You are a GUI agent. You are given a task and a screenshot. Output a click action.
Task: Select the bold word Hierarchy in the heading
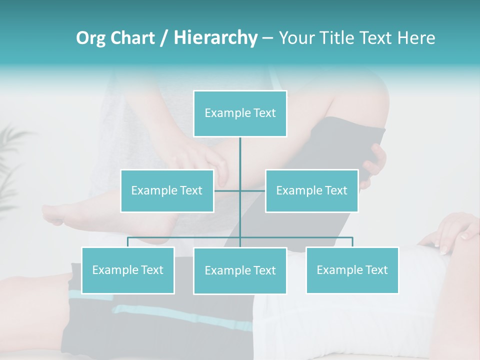[215, 38]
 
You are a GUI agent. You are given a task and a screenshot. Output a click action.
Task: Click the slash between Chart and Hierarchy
[164, 38]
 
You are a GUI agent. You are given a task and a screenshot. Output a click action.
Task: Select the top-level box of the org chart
[240, 113]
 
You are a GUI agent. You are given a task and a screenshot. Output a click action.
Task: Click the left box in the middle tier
[167, 190]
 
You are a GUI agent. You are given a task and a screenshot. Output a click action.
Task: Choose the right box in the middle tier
[311, 190]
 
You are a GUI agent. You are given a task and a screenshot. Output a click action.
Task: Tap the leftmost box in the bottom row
[127, 270]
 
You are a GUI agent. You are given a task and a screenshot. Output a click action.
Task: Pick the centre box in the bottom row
[240, 270]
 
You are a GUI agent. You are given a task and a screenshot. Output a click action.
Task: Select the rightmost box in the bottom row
[352, 270]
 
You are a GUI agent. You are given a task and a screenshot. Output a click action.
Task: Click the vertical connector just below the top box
[240, 155]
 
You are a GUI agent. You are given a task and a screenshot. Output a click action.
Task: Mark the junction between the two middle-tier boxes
[240, 190]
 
